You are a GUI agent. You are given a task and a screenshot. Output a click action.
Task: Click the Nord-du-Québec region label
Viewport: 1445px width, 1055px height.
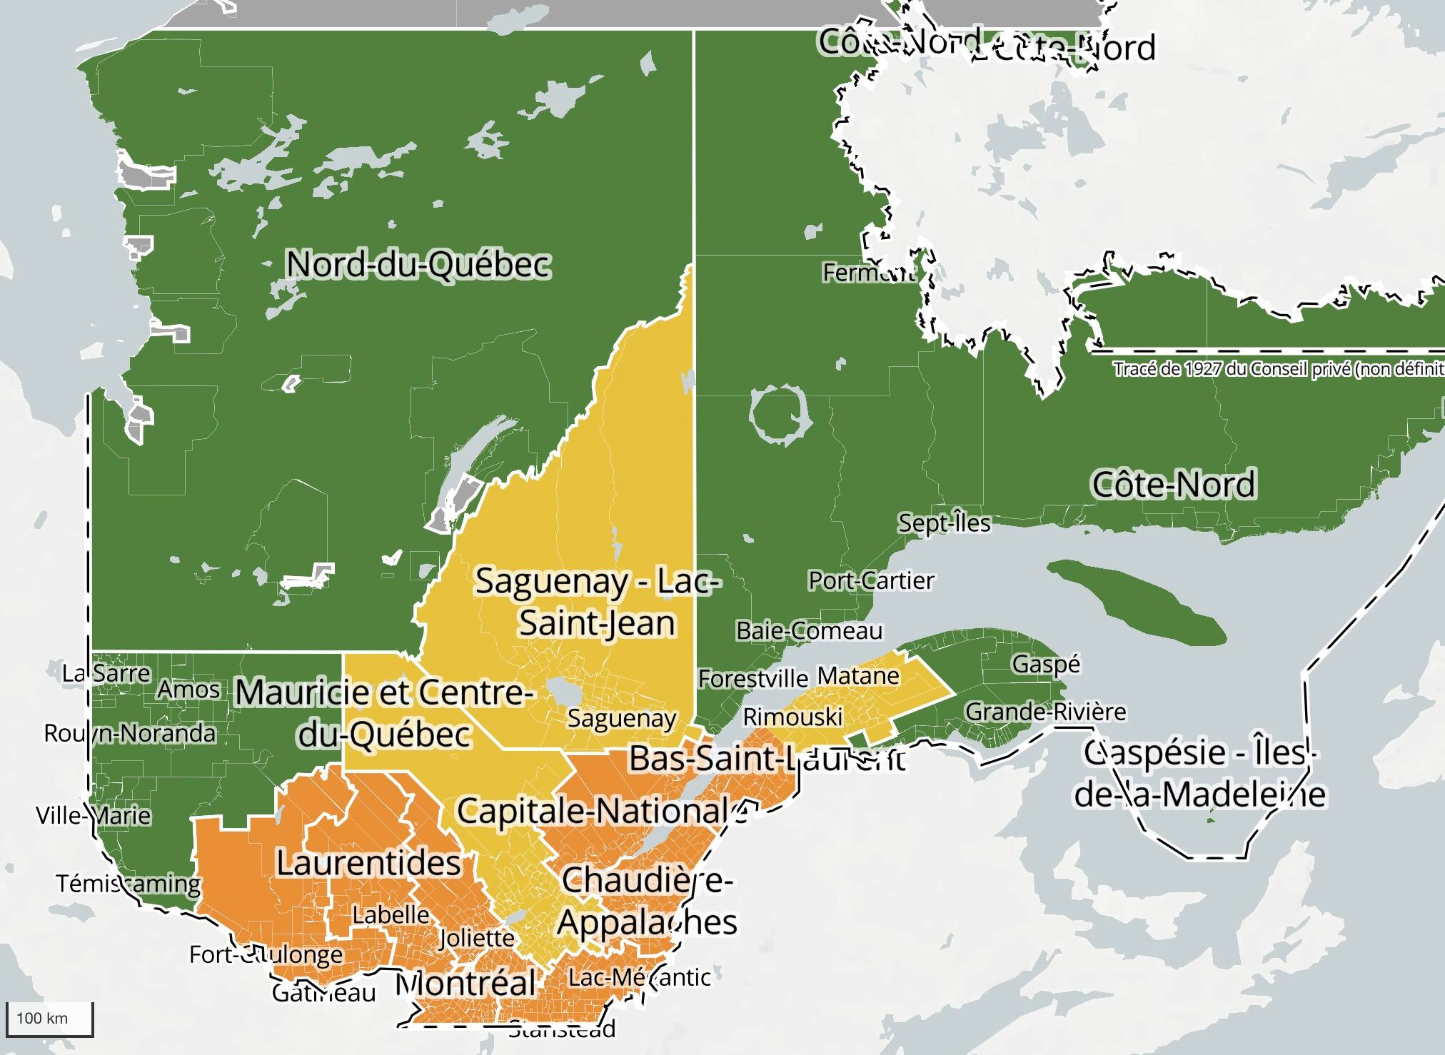[x=418, y=265]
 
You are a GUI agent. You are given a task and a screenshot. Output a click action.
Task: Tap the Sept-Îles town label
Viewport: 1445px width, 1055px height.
[x=944, y=523]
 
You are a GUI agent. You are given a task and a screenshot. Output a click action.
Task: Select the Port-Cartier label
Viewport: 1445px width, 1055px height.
[x=870, y=581]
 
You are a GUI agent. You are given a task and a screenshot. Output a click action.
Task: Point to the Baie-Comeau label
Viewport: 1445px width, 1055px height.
[x=809, y=631]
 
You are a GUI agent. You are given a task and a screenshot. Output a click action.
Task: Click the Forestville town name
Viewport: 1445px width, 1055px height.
[x=752, y=678]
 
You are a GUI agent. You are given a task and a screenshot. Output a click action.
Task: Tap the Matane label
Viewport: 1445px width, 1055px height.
[x=857, y=675]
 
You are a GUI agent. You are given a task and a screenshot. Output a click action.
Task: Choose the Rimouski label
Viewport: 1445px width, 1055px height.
[x=792, y=717]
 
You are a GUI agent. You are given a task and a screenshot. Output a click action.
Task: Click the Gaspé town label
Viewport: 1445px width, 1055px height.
[x=1045, y=665]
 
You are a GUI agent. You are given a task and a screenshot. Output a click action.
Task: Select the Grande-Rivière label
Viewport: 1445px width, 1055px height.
[x=1045, y=712]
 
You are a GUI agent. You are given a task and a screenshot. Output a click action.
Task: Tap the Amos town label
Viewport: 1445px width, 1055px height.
[x=188, y=690]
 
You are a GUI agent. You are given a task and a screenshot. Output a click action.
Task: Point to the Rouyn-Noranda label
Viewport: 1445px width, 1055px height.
[x=130, y=733]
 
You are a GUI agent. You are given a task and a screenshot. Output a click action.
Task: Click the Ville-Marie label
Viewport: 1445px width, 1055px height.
[x=94, y=815]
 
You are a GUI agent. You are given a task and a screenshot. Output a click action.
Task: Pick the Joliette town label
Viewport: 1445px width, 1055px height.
[x=476, y=938]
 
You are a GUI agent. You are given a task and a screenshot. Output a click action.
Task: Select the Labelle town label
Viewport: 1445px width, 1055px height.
[x=391, y=914]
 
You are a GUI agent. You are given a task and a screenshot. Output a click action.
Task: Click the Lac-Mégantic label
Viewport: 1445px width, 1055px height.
[x=639, y=977]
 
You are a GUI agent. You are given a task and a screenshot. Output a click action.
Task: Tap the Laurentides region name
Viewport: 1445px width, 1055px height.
[x=368, y=863]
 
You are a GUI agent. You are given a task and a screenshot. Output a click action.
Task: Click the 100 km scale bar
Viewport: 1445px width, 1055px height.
[x=49, y=1019]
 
